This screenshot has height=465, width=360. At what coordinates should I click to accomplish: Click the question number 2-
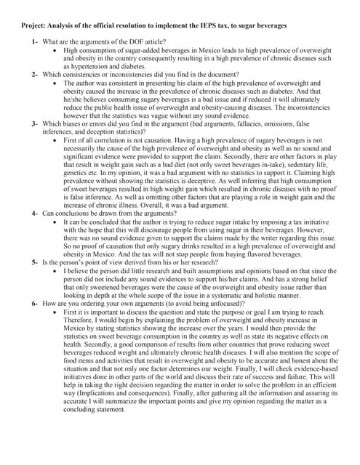[x=36, y=75]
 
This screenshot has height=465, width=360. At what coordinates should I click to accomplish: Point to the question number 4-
[x=36, y=214]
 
